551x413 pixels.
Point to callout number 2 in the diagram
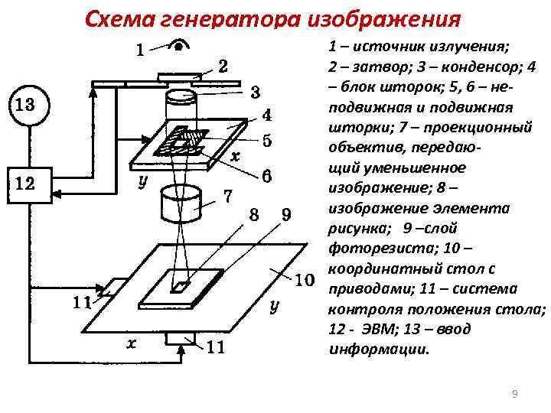tap(221, 65)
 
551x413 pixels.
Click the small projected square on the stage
tap(181, 287)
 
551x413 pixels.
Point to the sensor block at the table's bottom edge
tap(181, 337)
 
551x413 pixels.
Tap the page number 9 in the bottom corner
tap(514, 394)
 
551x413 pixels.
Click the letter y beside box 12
tap(142, 184)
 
